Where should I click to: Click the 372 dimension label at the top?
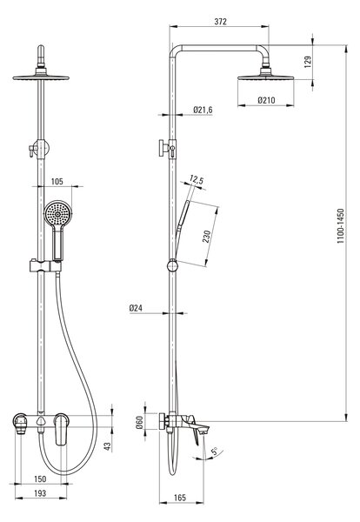[x=220, y=22]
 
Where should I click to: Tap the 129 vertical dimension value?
[x=308, y=62]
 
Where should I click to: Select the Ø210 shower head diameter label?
[x=266, y=100]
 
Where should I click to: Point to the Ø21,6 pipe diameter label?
[x=203, y=110]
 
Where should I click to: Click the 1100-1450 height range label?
[x=340, y=226]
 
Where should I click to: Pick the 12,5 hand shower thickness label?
[x=197, y=180]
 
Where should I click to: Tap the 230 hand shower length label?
[x=207, y=237]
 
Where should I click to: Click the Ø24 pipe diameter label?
[x=136, y=308]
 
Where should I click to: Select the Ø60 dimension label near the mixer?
[x=139, y=423]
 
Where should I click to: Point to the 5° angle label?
[x=215, y=452]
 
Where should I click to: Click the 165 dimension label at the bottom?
[x=180, y=498]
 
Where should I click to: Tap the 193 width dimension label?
[x=40, y=493]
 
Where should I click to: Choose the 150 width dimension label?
[x=40, y=478]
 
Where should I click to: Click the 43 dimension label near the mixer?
[x=107, y=446]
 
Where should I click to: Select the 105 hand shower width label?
[x=57, y=182]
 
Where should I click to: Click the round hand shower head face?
[x=58, y=213]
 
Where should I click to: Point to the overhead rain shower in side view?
[x=265, y=76]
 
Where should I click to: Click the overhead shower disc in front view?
[x=41, y=77]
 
